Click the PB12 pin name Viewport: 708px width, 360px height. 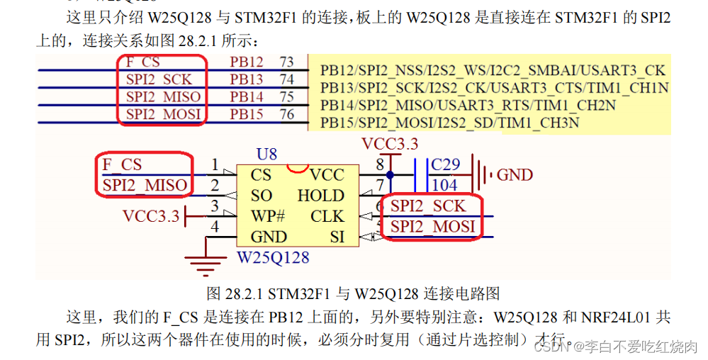[x=246, y=62]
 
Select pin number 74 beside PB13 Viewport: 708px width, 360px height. [x=286, y=79]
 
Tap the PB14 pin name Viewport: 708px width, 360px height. [x=246, y=96]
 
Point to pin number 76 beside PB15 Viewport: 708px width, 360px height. [x=286, y=113]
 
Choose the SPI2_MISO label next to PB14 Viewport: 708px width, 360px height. [x=163, y=96]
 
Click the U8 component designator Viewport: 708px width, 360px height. [x=266, y=154]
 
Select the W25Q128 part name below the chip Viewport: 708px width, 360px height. [x=273, y=257]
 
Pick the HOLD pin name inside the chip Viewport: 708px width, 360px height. [x=320, y=195]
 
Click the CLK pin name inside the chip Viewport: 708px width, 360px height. [x=327, y=215]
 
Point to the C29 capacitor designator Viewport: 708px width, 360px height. [x=446, y=164]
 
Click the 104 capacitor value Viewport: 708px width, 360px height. [x=445, y=184]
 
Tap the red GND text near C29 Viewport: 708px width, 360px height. [x=515, y=174]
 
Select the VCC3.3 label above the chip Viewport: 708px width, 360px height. [x=390, y=144]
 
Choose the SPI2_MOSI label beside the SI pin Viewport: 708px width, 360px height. [x=432, y=227]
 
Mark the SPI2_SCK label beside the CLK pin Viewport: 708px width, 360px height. [x=428, y=206]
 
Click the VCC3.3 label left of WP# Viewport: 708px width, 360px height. [x=151, y=215]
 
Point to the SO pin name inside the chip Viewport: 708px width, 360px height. [x=262, y=195]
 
